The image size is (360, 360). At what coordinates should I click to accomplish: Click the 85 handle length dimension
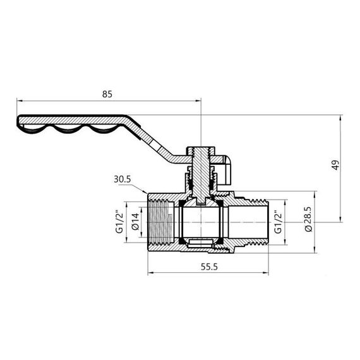click(107, 94)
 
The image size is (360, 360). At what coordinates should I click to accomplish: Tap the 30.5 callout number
click(123, 179)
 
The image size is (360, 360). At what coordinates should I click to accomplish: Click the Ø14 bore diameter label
click(135, 222)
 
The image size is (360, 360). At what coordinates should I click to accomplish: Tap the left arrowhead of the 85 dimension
click(20, 100)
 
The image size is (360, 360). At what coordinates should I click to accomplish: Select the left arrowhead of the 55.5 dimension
click(149, 273)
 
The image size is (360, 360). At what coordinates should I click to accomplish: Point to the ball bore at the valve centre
click(201, 221)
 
